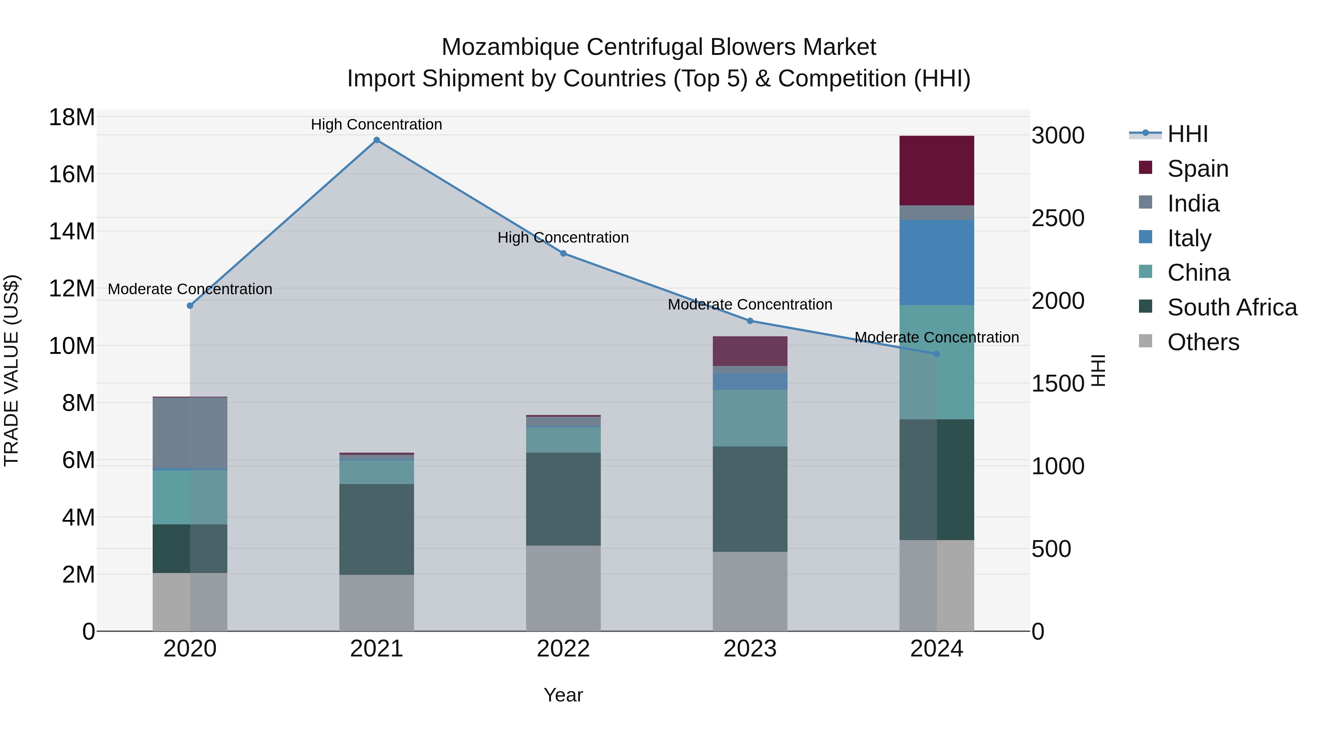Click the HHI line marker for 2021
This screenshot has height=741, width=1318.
tap(377, 140)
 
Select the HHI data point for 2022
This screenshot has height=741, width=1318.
tap(563, 253)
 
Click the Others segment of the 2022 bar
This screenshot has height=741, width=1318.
tap(563, 588)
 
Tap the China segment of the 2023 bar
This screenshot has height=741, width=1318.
tap(750, 418)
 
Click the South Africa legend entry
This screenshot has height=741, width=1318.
tap(1232, 307)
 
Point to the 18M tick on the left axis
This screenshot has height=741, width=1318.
tap(72, 117)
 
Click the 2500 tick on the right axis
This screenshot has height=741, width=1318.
tap(1058, 218)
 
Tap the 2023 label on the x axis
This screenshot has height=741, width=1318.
tap(750, 649)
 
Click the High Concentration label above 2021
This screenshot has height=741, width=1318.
tap(377, 124)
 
